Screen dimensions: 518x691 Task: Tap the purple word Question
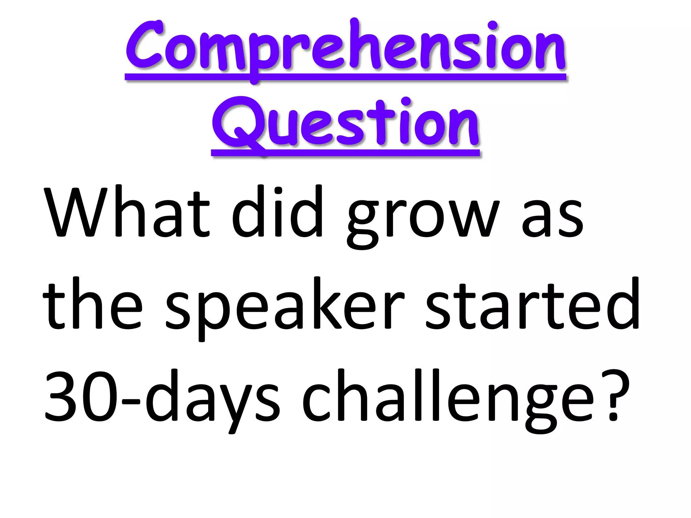click(x=345, y=123)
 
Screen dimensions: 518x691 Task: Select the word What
click(x=127, y=212)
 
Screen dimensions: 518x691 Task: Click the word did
click(x=277, y=212)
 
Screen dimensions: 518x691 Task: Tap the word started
click(x=533, y=305)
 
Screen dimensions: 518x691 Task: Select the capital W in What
click(x=76, y=212)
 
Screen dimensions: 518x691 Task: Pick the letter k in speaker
click(x=324, y=304)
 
